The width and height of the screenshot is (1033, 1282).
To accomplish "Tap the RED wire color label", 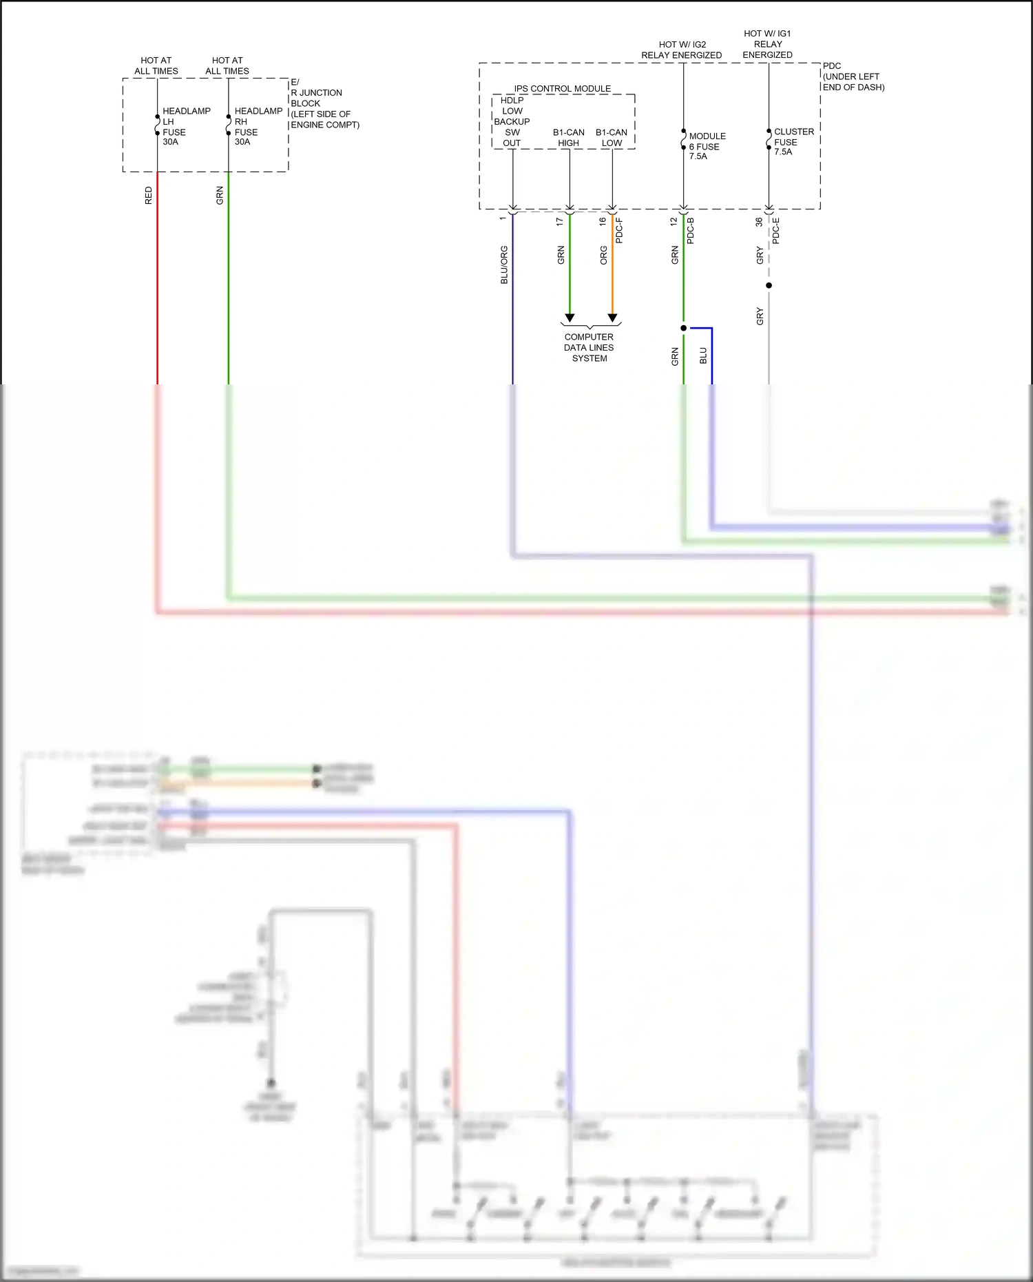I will pyautogui.click(x=149, y=196).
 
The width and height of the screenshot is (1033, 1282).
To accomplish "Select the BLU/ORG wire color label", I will pyautogui.click(x=504, y=265).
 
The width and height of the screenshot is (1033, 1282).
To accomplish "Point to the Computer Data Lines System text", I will pyautogui.click(x=589, y=348).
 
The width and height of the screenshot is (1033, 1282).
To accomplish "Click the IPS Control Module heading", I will pyautogui.click(x=562, y=89).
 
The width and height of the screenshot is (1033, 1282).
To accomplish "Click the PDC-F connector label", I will pyautogui.click(x=619, y=231).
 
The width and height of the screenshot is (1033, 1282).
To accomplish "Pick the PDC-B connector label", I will pyautogui.click(x=691, y=231).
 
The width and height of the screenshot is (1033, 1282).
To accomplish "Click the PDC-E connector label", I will pyautogui.click(x=776, y=231).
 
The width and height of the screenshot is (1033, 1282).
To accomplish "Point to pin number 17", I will pyautogui.click(x=560, y=222).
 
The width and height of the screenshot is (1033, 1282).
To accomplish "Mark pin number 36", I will pyautogui.click(x=759, y=222).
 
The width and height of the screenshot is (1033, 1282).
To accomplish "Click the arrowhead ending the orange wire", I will pyautogui.click(x=612, y=318).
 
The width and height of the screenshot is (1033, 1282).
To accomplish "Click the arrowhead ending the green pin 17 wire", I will pyautogui.click(x=570, y=318).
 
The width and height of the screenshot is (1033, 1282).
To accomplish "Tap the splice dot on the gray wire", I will pyautogui.click(x=769, y=285).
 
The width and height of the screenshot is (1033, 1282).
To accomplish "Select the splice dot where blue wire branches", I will pyautogui.click(x=683, y=328).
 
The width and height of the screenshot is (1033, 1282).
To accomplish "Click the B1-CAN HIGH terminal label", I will pyautogui.click(x=568, y=138).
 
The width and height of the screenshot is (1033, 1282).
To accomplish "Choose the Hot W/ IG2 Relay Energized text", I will pyautogui.click(x=681, y=50).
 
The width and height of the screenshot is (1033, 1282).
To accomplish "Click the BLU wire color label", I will pyautogui.click(x=703, y=355).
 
